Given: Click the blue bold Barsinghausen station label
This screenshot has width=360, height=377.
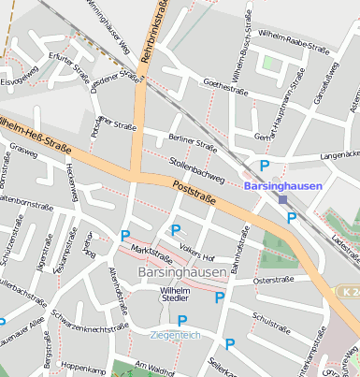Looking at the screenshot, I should point(282,186).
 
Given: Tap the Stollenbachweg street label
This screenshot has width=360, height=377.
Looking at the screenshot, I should point(196,169).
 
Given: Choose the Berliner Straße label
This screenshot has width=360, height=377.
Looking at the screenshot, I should point(194,141).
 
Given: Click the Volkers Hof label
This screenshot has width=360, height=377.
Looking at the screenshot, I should point(197,251).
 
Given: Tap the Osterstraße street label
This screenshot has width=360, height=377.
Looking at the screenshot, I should point(274,280).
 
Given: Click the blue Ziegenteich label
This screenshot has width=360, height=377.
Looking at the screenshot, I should point(175,333).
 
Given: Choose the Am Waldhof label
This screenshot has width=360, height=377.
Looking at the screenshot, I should point(154,368).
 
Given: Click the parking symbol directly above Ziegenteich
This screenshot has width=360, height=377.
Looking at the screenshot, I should point(182,320).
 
